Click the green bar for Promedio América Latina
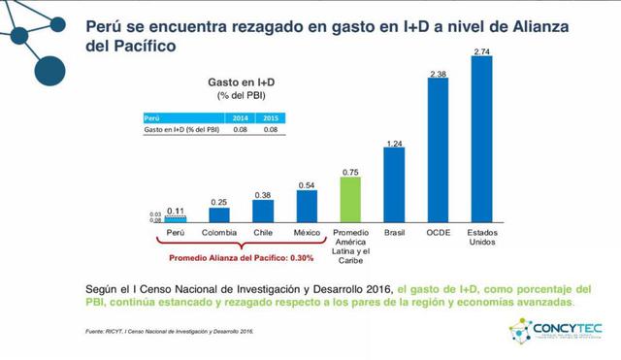[x=350, y=199]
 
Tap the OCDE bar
[x=438, y=150]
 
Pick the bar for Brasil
[x=394, y=184]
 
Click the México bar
[x=307, y=206]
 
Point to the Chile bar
[x=263, y=211]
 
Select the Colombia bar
[x=219, y=214]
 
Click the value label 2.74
[x=482, y=50]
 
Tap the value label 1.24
[x=394, y=144]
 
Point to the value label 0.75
[x=350, y=172]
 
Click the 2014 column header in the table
[x=240, y=116]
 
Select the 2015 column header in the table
[x=271, y=116]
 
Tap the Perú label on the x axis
[x=175, y=233]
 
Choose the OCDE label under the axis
[x=438, y=233]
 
